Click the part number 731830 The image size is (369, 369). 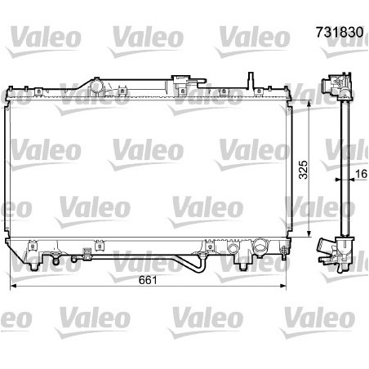coord(340,32)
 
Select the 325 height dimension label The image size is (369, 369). coord(304,170)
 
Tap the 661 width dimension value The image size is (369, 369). coord(148,280)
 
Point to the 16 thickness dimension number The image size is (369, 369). coord(362,174)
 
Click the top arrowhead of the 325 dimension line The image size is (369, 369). coord(309,104)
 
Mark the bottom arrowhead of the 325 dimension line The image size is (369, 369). coord(309,233)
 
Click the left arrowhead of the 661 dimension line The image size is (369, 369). coord(13,286)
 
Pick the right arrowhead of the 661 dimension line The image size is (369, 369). coord(283,286)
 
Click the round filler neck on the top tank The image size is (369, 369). coord(96,86)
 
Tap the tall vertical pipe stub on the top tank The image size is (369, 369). coord(251,80)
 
